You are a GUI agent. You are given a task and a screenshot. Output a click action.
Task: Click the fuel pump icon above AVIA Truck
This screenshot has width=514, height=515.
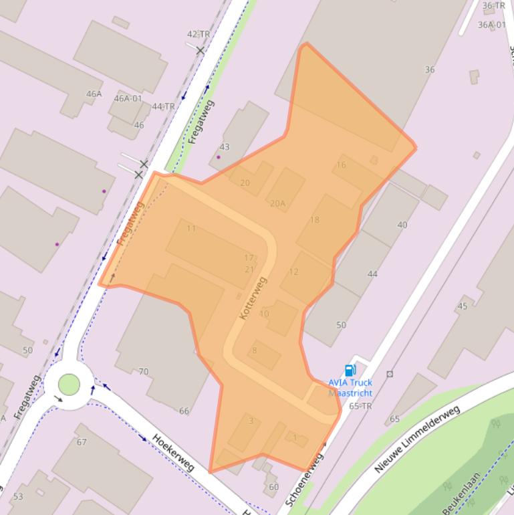pos(349,370)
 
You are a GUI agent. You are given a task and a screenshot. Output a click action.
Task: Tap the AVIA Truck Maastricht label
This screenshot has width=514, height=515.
pos(350,388)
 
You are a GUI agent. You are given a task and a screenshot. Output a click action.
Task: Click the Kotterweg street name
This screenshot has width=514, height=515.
pos(253,297)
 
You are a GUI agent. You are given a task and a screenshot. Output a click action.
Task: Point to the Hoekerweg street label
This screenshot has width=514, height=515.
pos(172,451)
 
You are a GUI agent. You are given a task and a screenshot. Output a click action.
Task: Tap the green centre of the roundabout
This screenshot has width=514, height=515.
pos(69,385)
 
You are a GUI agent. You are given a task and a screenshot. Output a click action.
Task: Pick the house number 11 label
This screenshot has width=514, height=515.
pos(191,229)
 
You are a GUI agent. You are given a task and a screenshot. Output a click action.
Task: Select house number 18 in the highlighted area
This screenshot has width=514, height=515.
pos(314,219)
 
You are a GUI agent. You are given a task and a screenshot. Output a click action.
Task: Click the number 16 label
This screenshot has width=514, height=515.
pos(341,165)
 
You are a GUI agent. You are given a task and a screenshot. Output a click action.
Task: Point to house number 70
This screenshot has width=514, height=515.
pos(144,372)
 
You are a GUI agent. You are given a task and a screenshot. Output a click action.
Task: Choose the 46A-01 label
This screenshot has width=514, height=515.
pos(128,98)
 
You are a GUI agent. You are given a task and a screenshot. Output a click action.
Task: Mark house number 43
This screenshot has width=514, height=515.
pos(225,147)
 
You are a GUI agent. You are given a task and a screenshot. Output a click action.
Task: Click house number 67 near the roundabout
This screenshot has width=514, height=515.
pos(82,442)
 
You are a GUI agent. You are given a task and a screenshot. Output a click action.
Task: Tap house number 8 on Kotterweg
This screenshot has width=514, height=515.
pos(254,350)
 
